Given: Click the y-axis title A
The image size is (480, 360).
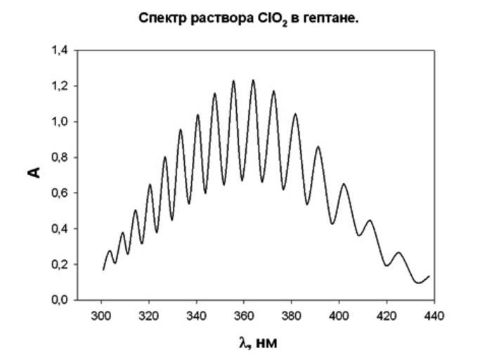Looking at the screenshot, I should pyautogui.click(x=36, y=171).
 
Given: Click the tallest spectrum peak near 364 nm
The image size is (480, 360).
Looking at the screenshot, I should pyautogui.click(x=253, y=80).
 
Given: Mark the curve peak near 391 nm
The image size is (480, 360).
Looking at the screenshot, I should pyautogui.click(x=318, y=147).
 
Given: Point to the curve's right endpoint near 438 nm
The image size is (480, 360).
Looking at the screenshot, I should pyautogui.click(x=429, y=276).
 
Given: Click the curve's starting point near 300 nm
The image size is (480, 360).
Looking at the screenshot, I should pyautogui.click(x=103, y=269).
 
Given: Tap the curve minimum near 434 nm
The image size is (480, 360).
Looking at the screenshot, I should pyautogui.click(x=419, y=283).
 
